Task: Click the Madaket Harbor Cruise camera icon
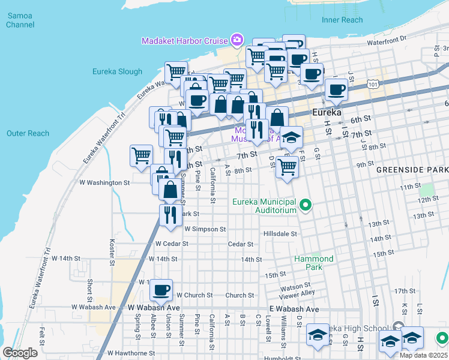237,41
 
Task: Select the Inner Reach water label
342,20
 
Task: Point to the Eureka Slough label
117,71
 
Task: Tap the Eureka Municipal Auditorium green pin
306,206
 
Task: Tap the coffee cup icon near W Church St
160,290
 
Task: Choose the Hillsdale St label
280,233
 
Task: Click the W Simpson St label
205,229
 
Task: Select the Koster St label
112,253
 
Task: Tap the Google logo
20,353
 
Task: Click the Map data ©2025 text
423,355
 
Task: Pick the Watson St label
295,286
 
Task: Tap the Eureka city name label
327,113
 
